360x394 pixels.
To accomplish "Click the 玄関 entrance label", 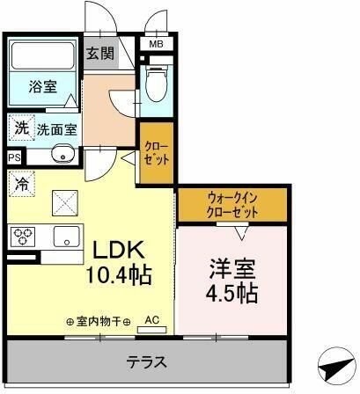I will coord(99,53).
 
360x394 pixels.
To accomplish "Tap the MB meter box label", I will coord(155,43).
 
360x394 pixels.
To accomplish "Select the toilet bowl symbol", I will coord(157,85).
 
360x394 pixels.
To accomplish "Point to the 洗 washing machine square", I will coord(19,128).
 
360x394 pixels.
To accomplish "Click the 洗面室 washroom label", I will coord(56,129).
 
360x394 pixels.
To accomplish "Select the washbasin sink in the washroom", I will coord(62,157).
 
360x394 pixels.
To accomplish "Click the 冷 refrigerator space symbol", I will coord(22,186).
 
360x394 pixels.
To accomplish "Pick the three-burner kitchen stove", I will coord(23,237).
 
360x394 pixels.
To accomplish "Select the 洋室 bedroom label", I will coord(233,266).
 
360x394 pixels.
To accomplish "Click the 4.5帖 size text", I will coord(233,293).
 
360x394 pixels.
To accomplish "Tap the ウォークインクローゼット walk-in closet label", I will coord(233,205).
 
